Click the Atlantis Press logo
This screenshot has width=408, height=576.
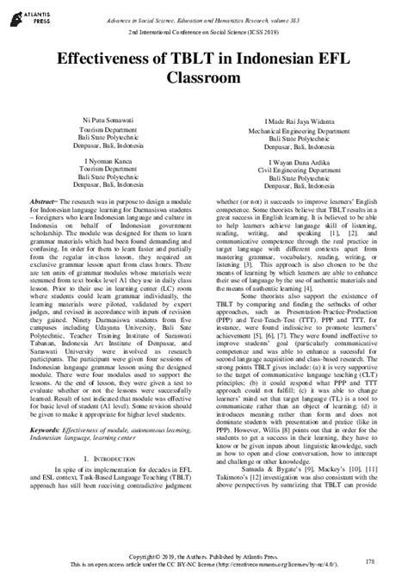32,17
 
